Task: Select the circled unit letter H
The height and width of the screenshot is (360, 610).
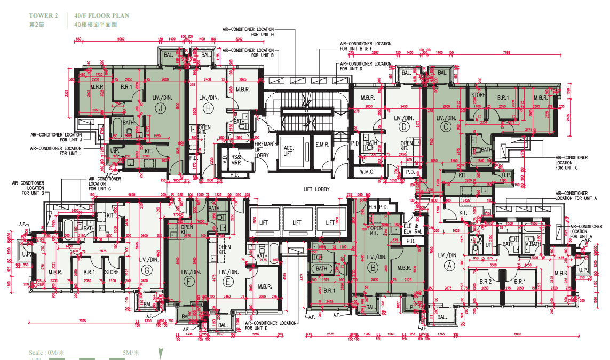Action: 209,108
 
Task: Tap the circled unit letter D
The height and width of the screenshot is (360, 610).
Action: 404,126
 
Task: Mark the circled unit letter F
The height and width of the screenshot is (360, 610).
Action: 187,281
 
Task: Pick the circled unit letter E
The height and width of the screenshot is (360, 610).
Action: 229,281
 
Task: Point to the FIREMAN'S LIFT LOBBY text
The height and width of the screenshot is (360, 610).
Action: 266,149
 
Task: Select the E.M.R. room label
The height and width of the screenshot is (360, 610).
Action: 322,145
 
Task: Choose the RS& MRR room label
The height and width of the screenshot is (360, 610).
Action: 235,159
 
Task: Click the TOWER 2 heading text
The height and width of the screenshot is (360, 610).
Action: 44,16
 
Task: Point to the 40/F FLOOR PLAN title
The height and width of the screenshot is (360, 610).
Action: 101,16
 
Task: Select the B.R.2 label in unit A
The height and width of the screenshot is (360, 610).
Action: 485,281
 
